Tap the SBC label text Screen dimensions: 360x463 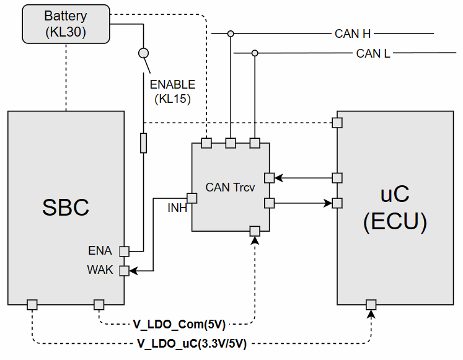66,208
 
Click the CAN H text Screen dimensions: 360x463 353,33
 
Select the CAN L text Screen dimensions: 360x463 373,53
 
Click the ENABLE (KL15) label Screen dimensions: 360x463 172,90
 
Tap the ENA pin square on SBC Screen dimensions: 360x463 124,251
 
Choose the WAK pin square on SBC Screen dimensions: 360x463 124,270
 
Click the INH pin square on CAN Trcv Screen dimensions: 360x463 192,198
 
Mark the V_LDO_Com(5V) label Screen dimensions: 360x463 179,323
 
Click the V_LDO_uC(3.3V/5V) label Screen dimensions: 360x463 192,343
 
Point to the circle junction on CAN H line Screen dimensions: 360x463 231,33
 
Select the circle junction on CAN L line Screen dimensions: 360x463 254,53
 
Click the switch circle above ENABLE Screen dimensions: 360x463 143,53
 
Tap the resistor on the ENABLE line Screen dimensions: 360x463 144,143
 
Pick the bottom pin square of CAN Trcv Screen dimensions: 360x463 254,231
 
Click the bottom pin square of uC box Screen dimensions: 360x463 371,304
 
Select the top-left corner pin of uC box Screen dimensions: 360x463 337,122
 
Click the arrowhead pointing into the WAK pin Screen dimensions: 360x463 133,270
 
